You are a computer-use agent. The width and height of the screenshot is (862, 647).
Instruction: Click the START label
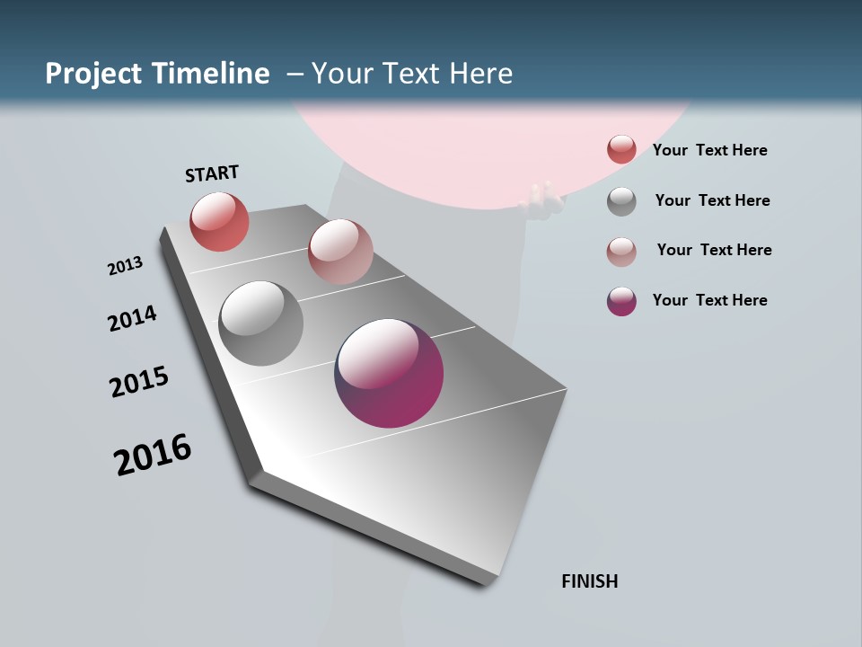[x=212, y=173]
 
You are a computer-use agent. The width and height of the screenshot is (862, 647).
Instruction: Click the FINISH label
[x=589, y=581]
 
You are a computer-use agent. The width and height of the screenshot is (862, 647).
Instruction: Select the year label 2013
[x=125, y=266]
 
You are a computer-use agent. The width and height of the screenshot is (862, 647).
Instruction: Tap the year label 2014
[x=132, y=318]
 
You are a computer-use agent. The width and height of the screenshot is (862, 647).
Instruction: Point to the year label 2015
[x=139, y=382]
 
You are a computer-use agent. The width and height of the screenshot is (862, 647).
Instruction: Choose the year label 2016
[x=153, y=455]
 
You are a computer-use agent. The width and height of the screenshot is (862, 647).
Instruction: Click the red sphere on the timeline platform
[x=219, y=221]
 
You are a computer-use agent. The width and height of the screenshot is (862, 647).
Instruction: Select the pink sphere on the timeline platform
[x=340, y=252]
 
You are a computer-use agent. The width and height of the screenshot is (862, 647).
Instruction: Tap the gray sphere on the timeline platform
[x=260, y=323]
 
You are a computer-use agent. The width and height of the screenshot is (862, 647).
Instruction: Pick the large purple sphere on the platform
[x=389, y=373]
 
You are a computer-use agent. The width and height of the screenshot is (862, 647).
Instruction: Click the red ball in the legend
[x=621, y=149]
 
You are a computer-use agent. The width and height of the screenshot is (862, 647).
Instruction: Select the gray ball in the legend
[x=621, y=201]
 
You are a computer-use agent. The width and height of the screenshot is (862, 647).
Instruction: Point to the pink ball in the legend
[x=621, y=252]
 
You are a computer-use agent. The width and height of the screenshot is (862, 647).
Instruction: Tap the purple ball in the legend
[x=621, y=301]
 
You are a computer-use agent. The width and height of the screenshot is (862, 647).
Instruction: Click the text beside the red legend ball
[x=709, y=150]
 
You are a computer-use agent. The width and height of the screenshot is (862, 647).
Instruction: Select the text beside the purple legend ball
[x=709, y=300]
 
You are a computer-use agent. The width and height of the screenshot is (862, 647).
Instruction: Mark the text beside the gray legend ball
[x=712, y=200]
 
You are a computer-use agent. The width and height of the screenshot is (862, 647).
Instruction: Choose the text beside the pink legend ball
[x=714, y=250]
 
